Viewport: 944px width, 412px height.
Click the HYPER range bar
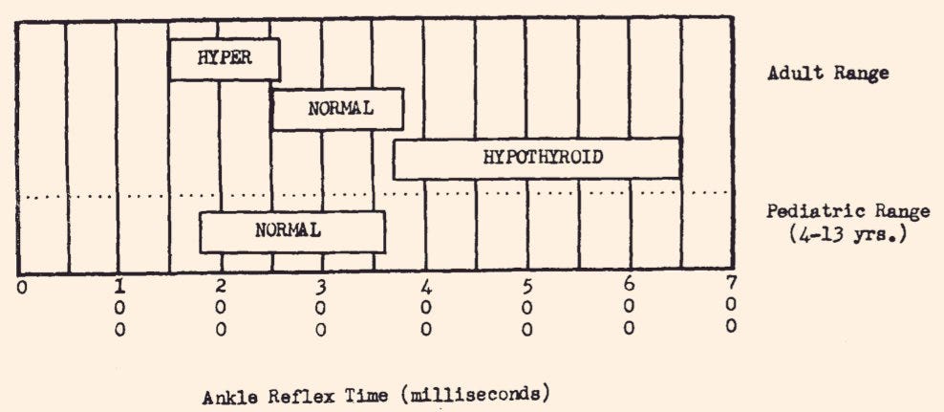coord(225,58)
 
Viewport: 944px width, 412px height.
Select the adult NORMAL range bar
coord(337,109)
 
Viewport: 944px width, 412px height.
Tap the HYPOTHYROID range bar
coord(536,158)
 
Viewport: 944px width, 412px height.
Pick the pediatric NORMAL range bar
coord(291,231)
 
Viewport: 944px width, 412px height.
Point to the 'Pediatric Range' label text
coord(827,212)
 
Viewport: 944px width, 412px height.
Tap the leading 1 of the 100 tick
coord(119,286)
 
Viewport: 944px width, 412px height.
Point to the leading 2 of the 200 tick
coord(222,286)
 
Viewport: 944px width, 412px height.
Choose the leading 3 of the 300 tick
coord(322,286)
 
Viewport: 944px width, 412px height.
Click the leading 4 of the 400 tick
coord(426,286)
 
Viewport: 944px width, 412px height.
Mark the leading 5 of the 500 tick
coord(527,286)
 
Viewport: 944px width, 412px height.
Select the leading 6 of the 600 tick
coord(628,285)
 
